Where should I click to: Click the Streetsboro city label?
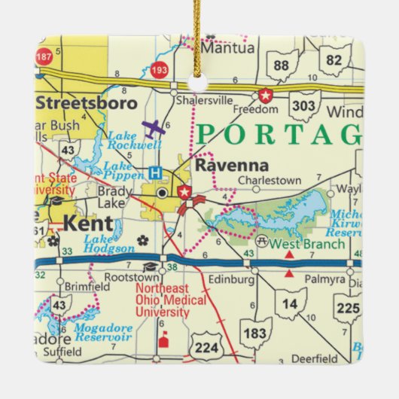point(87,102)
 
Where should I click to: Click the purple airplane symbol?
point(154,126)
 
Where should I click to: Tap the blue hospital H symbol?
point(156,172)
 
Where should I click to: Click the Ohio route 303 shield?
point(305,105)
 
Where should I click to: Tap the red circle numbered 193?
point(159,70)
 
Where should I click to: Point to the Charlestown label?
point(270,181)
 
